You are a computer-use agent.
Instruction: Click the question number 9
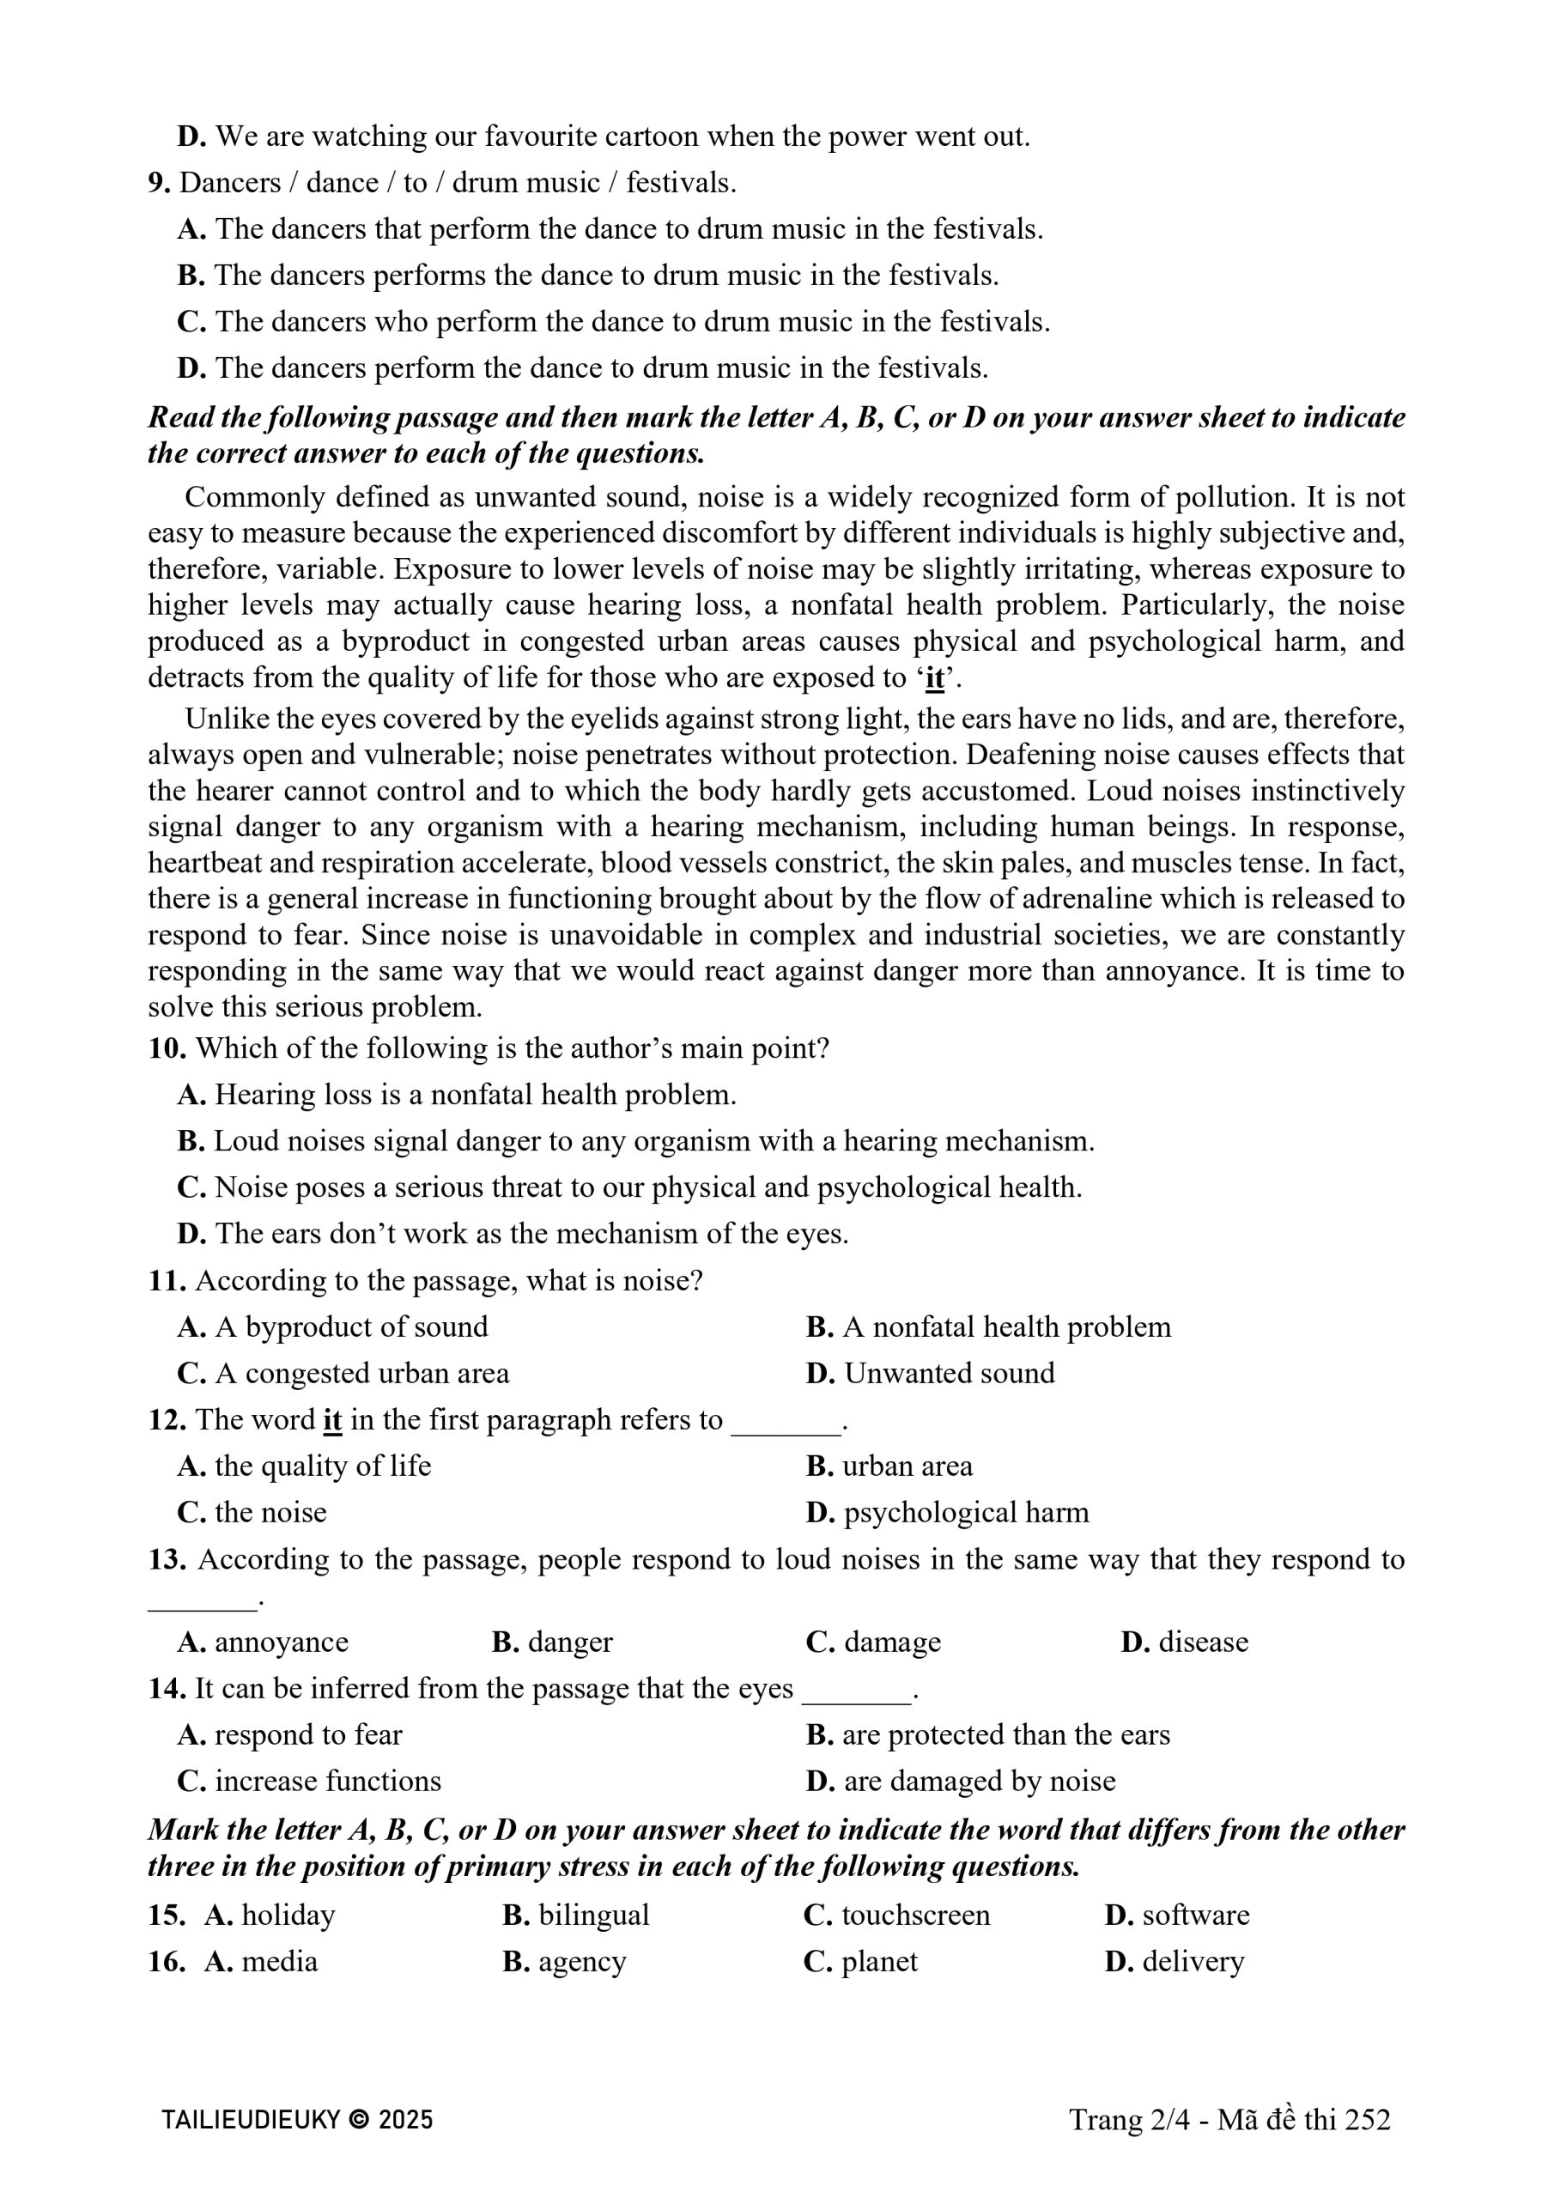(158, 183)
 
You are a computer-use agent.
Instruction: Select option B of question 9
(588, 276)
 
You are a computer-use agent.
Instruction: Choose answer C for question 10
(629, 1187)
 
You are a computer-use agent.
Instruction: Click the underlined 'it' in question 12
(332, 1420)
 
